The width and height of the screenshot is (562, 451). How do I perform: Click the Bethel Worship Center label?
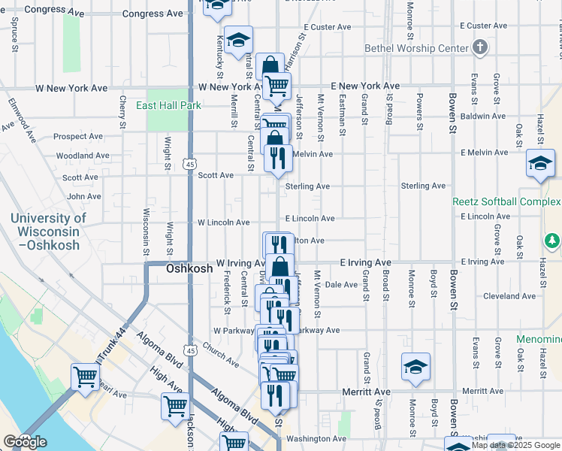coord(416,48)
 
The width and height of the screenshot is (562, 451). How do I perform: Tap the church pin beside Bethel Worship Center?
coord(480,48)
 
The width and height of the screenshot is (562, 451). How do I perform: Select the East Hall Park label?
coord(168,106)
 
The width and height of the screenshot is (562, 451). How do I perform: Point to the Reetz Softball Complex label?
coord(506,202)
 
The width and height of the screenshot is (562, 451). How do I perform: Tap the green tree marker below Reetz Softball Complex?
coord(552,241)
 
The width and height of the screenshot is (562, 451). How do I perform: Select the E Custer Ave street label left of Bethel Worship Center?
coord(327,27)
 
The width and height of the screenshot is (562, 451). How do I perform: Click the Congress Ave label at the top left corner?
coord(55,10)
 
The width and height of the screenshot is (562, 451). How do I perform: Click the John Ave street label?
coord(83,197)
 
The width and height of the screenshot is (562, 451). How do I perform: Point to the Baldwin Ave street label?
coord(482,116)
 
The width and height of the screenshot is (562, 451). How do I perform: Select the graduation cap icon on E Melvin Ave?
coord(539,164)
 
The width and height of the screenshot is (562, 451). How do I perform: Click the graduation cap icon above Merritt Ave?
coord(415,367)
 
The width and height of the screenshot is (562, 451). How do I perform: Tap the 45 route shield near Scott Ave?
coord(190,163)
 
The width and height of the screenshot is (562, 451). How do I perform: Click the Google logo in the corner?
coord(25,442)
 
